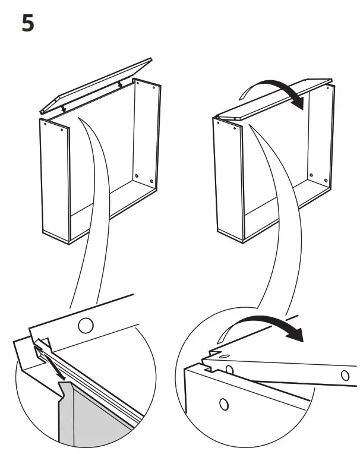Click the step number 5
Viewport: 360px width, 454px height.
click(x=28, y=23)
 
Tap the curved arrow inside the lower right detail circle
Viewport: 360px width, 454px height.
click(x=260, y=329)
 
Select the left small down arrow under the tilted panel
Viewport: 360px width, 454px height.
click(x=63, y=108)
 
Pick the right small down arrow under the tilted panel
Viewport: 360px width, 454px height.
click(x=120, y=84)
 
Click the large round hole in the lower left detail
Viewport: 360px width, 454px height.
click(x=86, y=326)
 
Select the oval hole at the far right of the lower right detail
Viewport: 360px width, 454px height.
click(x=345, y=375)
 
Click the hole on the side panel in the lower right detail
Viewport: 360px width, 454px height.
click(x=224, y=404)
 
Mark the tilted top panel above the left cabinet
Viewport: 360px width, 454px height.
click(x=96, y=86)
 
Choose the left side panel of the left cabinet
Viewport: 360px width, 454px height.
click(x=55, y=181)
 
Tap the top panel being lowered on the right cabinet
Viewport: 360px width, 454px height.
click(x=273, y=100)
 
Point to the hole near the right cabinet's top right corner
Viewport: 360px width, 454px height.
click(x=327, y=87)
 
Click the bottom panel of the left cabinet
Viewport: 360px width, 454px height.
click(x=113, y=212)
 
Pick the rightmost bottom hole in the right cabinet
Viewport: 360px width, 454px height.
click(x=326, y=181)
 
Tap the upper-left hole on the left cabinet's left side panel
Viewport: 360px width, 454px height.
click(x=45, y=124)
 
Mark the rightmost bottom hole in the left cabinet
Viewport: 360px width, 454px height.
click(x=151, y=181)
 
